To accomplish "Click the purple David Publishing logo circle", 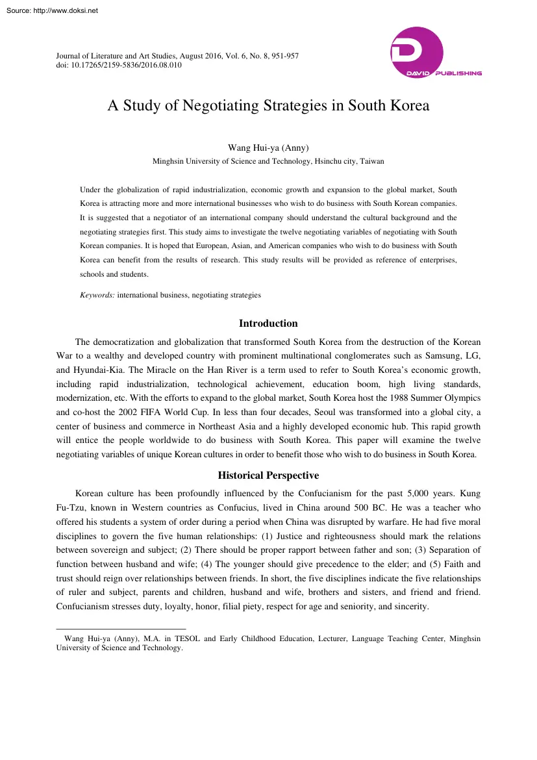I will click(x=416, y=53).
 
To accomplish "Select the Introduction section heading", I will click(x=268, y=323).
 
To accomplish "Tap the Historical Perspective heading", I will click(x=268, y=475).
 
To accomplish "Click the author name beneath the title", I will click(x=268, y=147).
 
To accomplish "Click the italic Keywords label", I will click(x=97, y=295).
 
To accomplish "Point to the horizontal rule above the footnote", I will click(x=121, y=629).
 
